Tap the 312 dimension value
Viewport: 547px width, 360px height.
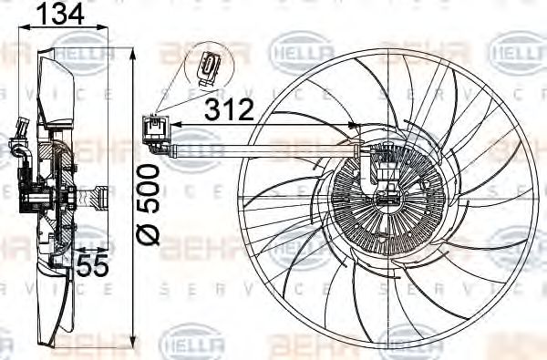tap(228, 110)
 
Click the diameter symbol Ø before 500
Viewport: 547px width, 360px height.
tap(150, 233)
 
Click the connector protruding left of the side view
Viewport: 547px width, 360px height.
tap(18, 147)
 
